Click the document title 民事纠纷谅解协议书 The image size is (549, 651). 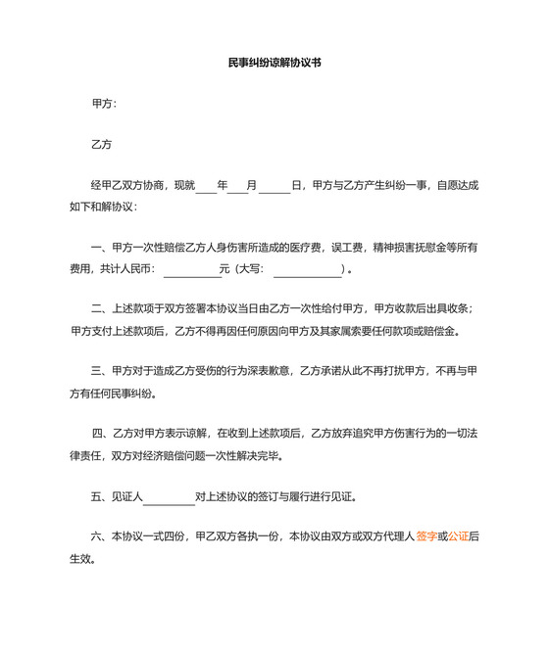click(x=274, y=62)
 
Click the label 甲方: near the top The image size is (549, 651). click(x=104, y=103)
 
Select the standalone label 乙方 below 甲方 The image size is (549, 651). click(x=102, y=144)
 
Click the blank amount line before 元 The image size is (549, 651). click(x=192, y=268)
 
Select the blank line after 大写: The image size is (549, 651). click(x=306, y=268)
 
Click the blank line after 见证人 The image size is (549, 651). click(x=169, y=498)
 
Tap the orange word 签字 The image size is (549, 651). click(x=426, y=536)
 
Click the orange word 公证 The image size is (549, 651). click(x=458, y=536)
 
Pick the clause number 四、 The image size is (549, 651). click(x=102, y=434)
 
